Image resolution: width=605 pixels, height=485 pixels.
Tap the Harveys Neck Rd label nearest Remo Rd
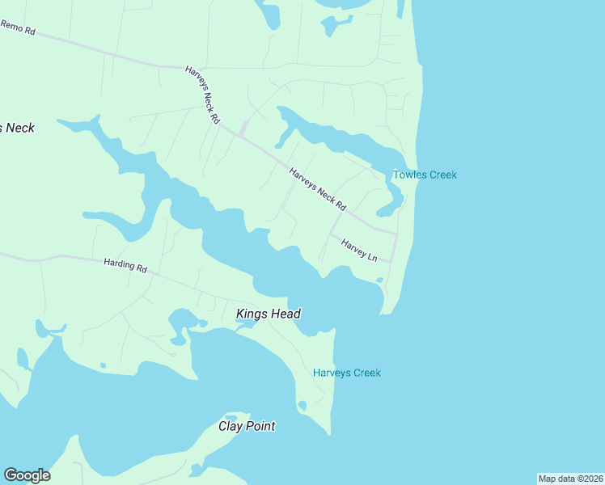tap(202, 95)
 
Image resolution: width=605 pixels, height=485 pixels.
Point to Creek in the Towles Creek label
tap(442, 175)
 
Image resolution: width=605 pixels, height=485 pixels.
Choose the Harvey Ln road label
tap(360, 250)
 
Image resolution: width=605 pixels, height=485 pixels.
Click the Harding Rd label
tap(125, 266)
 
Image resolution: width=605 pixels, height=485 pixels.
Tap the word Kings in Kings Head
tap(252, 314)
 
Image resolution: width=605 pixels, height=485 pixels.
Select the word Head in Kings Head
tap(286, 314)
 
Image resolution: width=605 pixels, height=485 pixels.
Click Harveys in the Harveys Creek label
tap(332, 373)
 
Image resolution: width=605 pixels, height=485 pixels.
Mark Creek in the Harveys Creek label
tap(366, 373)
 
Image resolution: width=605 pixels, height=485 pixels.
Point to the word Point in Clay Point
tap(260, 426)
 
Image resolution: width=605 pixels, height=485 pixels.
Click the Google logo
tap(27, 475)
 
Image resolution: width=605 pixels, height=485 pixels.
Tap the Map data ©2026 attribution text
tap(570, 479)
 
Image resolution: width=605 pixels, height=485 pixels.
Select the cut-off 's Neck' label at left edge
tap(17, 128)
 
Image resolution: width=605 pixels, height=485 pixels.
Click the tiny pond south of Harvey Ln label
tap(379, 280)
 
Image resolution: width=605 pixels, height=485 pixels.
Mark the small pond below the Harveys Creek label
tap(302, 404)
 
